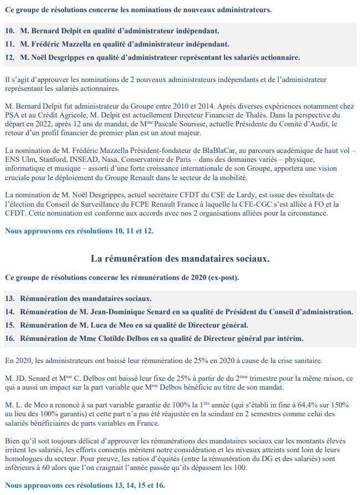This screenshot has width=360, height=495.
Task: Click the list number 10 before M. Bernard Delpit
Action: click(10, 30)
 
